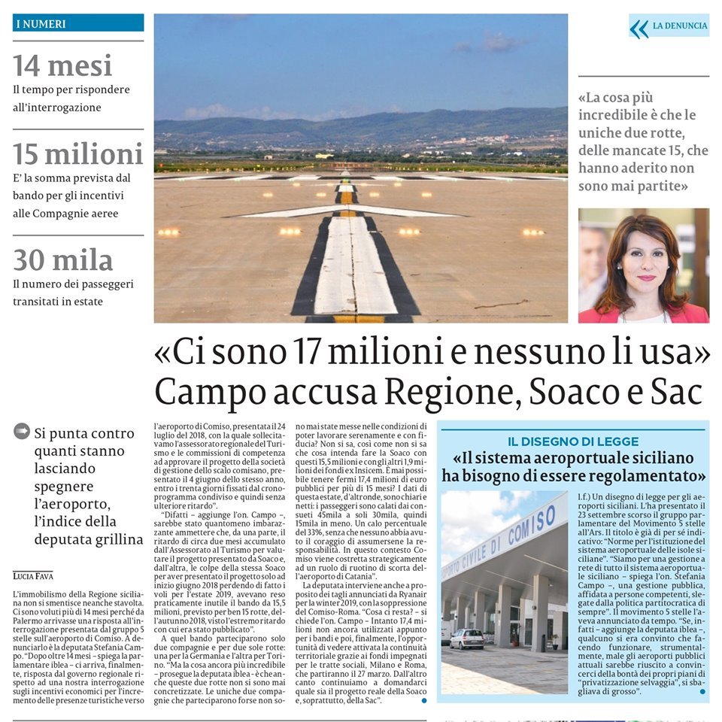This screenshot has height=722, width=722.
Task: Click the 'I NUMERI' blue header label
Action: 41,24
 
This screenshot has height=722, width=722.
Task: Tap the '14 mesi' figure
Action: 62,66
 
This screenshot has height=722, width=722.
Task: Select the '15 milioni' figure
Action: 77,154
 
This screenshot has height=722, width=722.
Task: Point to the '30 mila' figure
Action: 62,260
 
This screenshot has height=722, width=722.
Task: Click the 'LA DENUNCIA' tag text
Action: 680,26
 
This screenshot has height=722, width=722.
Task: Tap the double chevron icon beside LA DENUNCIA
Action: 639,29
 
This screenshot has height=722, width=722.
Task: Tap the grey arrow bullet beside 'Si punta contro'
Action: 22,431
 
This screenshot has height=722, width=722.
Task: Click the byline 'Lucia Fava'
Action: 33,575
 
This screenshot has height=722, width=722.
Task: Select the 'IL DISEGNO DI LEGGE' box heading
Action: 573,441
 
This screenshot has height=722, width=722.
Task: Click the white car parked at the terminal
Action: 467,638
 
